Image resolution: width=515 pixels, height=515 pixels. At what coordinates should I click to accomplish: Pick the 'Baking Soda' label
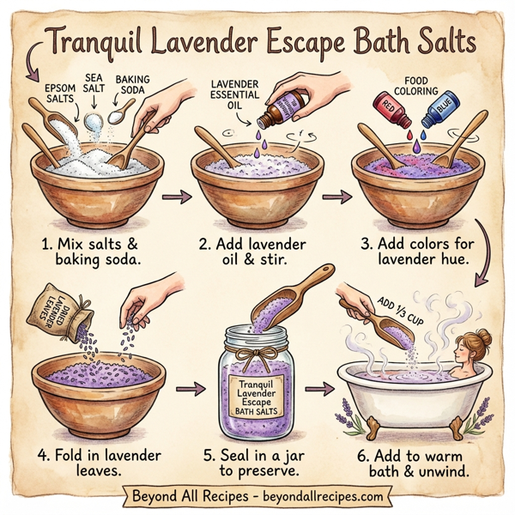(132, 85)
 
